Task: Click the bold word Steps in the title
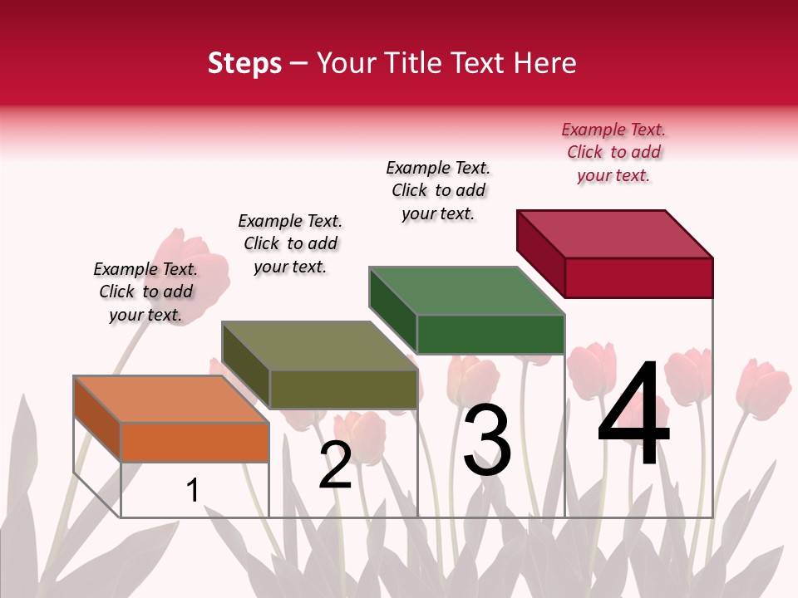pos(244,63)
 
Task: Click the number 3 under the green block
pos(487,440)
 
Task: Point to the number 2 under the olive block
pos(336,465)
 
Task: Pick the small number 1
pos(193,491)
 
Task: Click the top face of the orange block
pos(171,399)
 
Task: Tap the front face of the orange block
pos(195,442)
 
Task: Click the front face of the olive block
pos(343,389)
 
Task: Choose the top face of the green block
pos(466,291)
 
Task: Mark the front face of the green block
pos(490,334)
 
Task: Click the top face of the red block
pos(614,233)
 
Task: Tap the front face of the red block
pos(638,277)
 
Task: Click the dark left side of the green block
pos(393,310)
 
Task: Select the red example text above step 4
pos(613,153)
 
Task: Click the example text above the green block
pos(438,190)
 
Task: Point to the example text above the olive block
pos(290,243)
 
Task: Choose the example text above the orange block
pos(145,292)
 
